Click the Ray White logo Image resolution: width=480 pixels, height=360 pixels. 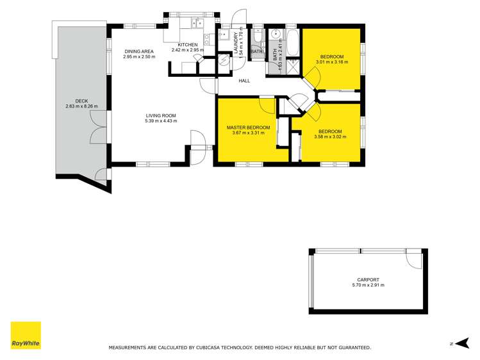click(26, 335)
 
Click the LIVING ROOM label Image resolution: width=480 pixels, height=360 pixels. click(160, 115)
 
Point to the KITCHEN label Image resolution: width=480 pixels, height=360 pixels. click(186, 44)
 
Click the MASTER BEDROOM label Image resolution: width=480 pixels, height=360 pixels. click(248, 127)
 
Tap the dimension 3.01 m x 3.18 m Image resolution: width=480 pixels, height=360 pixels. click(333, 62)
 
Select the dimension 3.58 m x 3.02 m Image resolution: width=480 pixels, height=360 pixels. click(330, 136)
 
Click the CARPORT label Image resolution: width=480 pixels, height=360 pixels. click(368, 279)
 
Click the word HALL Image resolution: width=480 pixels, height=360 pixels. click(244, 81)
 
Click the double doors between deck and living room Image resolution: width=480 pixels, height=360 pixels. click(98, 127)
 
